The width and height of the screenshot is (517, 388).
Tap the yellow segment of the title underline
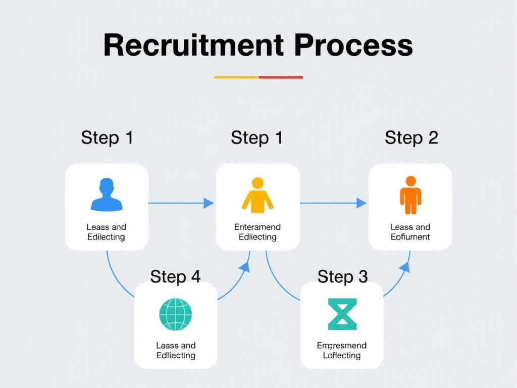[236, 77]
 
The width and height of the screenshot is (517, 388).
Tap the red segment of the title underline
[281, 77]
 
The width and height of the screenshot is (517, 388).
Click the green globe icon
[176, 314]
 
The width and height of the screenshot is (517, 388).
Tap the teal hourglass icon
[342, 314]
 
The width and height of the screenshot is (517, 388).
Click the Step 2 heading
[411, 137]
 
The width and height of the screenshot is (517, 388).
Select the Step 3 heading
[342, 276]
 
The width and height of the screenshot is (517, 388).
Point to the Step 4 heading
[175, 276]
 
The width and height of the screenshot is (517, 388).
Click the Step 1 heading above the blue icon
[107, 137]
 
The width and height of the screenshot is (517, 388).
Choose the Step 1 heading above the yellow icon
[256, 137]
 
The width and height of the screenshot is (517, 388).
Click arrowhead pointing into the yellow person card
[209, 203]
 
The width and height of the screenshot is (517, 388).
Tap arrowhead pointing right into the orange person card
[361, 203]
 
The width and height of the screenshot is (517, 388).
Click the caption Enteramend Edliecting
[257, 232]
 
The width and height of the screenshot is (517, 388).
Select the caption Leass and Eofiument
[410, 232]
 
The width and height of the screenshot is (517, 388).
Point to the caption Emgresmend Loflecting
[342, 350]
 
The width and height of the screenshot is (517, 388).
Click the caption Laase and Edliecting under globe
[176, 350]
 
